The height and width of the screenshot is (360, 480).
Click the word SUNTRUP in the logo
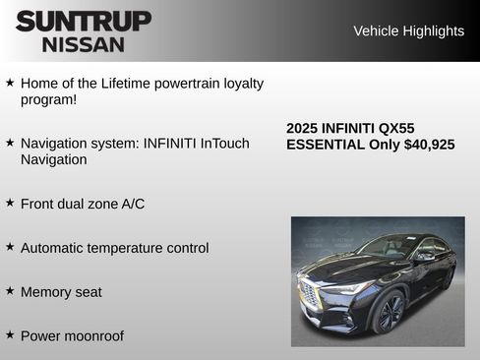[84, 21]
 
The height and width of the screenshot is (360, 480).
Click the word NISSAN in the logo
[84, 43]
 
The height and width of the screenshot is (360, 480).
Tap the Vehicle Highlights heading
[408, 30]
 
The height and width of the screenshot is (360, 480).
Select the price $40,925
[430, 145]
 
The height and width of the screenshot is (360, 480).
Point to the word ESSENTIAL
[326, 145]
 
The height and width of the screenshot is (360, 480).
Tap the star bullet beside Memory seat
[10, 291]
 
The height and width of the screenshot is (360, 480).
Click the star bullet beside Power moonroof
[10, 335]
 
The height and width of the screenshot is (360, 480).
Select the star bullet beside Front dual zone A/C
[10, 203]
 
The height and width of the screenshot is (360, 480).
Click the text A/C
[133, 204]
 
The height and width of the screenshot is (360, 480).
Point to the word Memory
[46, 292]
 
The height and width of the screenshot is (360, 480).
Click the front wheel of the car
[389, 313]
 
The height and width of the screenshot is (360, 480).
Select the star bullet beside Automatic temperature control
[10, 247]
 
